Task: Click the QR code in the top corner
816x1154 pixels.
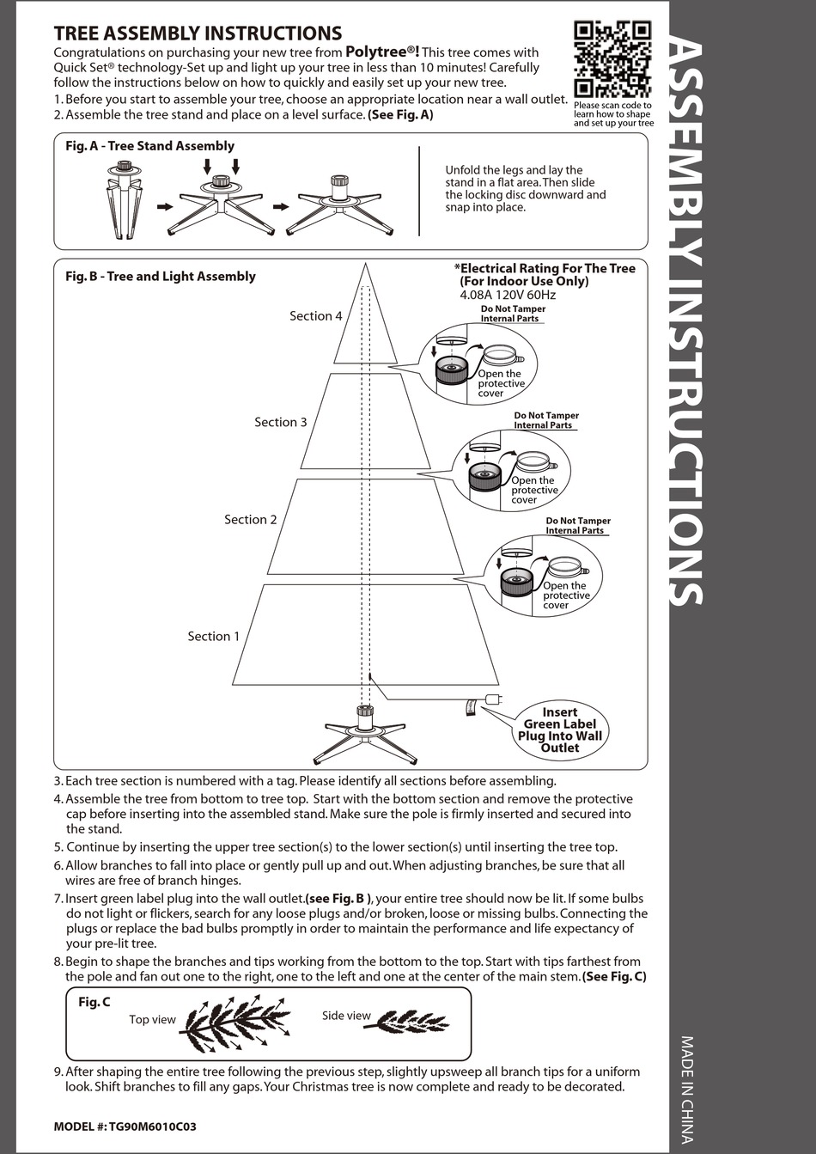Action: [x=612, y=59]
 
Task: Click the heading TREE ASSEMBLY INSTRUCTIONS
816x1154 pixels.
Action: [x=198, y=34]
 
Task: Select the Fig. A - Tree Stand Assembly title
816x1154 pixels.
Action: [x=149, y=146]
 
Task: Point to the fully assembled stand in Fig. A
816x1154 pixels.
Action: [x=339, y=204]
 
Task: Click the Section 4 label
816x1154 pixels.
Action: [x=315, y=316]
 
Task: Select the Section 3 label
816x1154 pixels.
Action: [x=280, y=422]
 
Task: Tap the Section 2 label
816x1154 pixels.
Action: [x=250, y=520]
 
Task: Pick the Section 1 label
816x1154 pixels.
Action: [x=214, y=637]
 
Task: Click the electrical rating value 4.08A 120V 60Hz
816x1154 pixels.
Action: [x=508, y=295]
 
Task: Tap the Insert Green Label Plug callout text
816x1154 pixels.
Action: [x=559, y=730]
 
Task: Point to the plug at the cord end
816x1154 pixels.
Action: [x=492, y=699]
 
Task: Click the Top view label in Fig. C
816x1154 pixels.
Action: [x=152, y=1020]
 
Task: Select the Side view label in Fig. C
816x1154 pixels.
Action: [x=346, y=1016]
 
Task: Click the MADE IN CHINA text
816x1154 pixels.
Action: [x=687, y=1090]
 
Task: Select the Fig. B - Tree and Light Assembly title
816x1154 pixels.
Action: [x=161, y=276]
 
